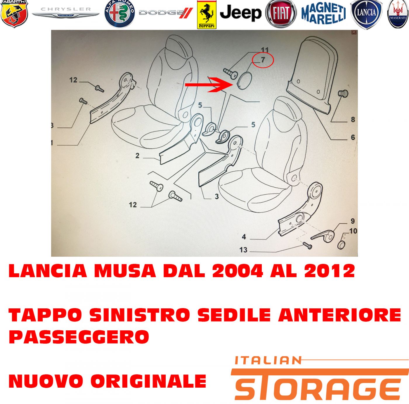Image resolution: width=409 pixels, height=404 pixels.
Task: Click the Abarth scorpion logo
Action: pos(14,14)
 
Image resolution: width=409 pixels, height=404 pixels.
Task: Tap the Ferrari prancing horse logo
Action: pos(207,14)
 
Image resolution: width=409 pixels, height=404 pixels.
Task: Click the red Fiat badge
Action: pos(281,14)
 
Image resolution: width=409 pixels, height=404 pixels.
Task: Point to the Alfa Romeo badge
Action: pos(119,14)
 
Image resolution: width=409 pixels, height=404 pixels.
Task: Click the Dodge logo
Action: pos(166,13)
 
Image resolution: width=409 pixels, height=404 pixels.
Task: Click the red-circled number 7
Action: pos(263,60)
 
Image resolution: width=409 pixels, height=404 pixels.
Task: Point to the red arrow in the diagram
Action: pos(209,85)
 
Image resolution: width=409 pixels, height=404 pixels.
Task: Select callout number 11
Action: pos(265,50)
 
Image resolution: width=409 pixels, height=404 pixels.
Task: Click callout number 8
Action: pos(353,119)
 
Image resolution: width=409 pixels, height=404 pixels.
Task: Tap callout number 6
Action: pos(353,137)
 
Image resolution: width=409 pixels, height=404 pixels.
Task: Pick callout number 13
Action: pos(243,250)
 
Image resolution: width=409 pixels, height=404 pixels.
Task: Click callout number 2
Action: pos(137,156)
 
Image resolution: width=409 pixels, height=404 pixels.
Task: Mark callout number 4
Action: pos(244,236)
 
